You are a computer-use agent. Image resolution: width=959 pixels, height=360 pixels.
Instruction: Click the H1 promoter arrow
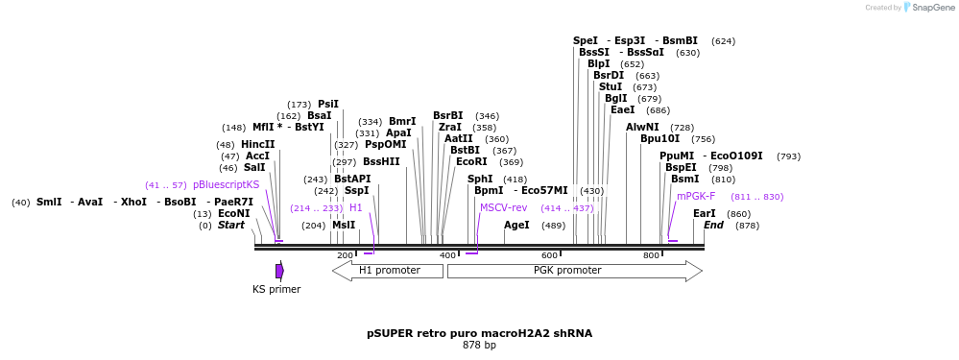point(388,271)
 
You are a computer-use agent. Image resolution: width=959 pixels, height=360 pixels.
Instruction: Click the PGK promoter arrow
point(574,271)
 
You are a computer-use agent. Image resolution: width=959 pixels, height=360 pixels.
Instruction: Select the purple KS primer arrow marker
point(279,271)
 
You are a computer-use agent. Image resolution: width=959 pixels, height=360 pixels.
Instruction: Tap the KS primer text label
point(276,289)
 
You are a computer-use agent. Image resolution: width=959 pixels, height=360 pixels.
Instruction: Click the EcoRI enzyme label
point(470,162)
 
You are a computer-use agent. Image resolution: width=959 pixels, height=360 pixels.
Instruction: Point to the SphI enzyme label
point(480,179)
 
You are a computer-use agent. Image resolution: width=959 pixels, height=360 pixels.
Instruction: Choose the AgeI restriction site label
point(516,226)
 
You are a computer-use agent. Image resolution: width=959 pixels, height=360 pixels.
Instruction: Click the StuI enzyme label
point(611,86)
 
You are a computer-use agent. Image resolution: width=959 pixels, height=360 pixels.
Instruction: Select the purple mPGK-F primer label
point(696,196)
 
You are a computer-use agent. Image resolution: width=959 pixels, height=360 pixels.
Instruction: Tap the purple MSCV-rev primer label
point(504,207)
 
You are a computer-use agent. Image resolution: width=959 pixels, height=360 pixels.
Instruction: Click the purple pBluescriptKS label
point(226,184)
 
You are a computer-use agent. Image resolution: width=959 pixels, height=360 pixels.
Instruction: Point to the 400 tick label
point(447,255)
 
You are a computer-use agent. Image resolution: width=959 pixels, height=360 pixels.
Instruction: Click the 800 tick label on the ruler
point(651,255)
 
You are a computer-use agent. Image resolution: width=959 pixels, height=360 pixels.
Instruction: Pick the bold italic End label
point(713,226)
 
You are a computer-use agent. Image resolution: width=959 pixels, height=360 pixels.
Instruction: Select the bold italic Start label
point(231,226)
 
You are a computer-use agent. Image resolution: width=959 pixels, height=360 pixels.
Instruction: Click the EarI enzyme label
point(704,213)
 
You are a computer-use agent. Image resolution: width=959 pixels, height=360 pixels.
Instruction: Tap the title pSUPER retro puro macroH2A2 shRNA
point(479,333)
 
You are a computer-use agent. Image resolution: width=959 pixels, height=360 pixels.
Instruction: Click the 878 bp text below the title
point(479,345)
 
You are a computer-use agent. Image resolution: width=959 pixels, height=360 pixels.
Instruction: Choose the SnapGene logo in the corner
point(927,8)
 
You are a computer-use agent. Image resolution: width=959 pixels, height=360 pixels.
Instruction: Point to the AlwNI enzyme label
point(642,127)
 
